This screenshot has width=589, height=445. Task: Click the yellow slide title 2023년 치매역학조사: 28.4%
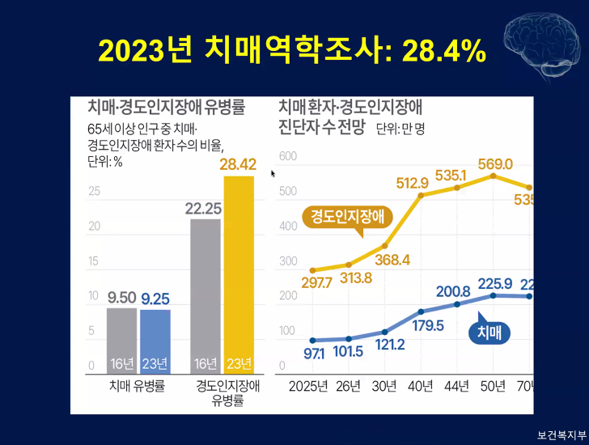[x=292, y=50]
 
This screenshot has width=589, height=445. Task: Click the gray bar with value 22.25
[x=205, y=295]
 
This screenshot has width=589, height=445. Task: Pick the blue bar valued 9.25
[x=155, y=341]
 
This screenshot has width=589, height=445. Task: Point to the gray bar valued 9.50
[x=121, y=340]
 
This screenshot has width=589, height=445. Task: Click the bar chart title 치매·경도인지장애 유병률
[x=166, y=108]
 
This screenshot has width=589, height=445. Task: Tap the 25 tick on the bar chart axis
[x=95, y=192]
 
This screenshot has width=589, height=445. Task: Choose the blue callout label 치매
[x=489, y=331]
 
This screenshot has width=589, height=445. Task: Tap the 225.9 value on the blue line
[x=496, y=284]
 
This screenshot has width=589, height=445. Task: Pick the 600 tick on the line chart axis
[x=287, y=155]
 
